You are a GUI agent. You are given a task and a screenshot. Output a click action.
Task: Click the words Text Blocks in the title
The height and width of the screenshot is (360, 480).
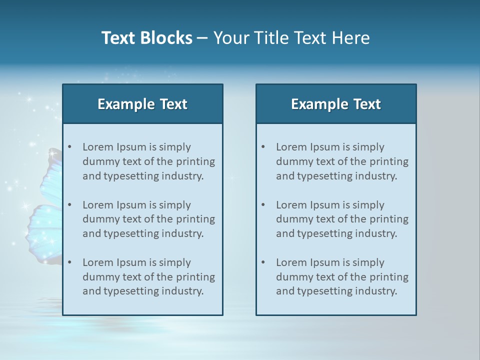click(147, 38)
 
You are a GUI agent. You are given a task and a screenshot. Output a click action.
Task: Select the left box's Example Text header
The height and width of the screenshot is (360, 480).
click(142, 104)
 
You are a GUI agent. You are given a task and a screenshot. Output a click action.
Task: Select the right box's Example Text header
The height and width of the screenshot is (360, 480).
click(336, 104)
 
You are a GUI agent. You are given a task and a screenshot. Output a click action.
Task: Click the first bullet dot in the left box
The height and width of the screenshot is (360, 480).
click(70, 147)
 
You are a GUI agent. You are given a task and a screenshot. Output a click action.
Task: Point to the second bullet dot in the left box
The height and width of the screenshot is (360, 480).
click(70, 205)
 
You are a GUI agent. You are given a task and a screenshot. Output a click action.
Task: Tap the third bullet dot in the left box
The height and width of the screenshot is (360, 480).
click(70, 262)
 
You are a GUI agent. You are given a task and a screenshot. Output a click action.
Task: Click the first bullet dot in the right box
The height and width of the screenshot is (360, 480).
click(263, 147)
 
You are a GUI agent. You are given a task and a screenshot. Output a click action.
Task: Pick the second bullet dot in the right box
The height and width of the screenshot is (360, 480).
click(263, 205)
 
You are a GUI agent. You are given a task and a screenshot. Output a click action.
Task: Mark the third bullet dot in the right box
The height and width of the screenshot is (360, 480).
click(263, 262)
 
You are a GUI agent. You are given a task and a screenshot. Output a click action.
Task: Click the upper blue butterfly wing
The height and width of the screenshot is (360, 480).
click(51, 175)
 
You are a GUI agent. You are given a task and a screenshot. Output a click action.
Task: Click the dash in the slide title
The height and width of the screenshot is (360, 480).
click(202, 38)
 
